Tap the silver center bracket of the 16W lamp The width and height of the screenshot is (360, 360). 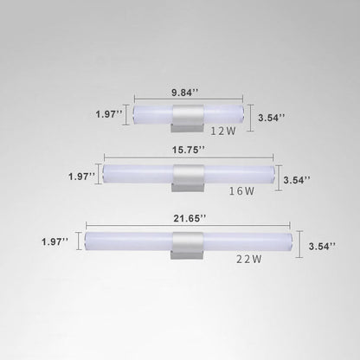(x=187, y=177)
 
